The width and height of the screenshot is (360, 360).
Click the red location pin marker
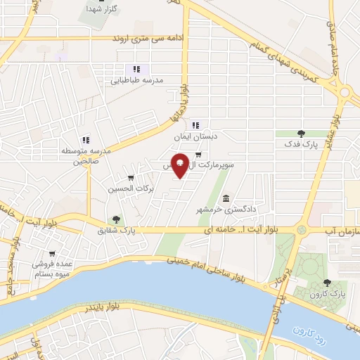coord(181,165)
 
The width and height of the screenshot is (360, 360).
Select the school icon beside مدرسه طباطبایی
coord(137,68)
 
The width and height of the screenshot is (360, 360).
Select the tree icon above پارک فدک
coord(302,133)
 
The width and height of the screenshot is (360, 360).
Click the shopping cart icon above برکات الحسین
coord(131,178)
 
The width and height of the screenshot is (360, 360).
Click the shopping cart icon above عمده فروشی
coord(52,254)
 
